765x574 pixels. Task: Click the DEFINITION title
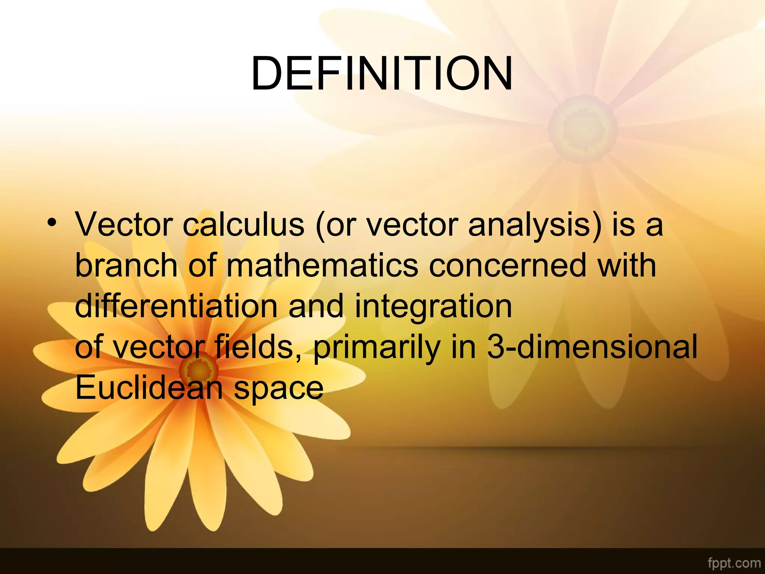(x=382, y=74)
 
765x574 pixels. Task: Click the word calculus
(x=244, y=225)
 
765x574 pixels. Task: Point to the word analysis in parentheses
(x=535, y=225)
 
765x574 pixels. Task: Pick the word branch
(x=126, y=265)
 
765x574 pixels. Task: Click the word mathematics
(x=322, y=265)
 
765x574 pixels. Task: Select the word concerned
(x=508, y=265)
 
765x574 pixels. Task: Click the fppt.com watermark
(x=734, y=563)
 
